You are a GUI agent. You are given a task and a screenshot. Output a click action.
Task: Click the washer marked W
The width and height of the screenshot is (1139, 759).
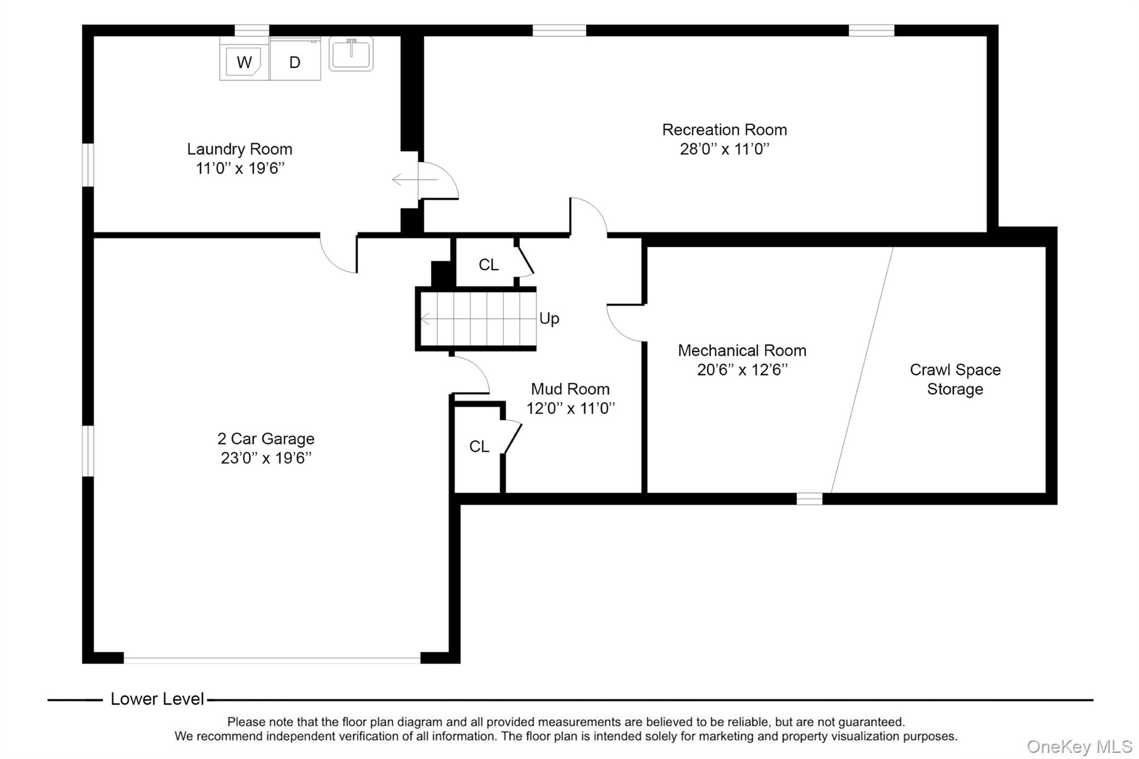point(244,59)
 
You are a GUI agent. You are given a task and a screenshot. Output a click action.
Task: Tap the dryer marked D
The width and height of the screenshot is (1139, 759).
point(295,59)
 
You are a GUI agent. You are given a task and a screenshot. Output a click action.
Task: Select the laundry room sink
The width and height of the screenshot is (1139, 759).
point(351,53)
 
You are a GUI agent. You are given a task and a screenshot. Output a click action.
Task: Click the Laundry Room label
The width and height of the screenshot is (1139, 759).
point(240,149)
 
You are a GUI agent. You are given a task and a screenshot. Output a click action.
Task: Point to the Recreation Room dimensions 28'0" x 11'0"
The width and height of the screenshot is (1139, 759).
point(725,149)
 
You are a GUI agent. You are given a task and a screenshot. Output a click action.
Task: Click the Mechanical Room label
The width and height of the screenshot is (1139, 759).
point(742,350)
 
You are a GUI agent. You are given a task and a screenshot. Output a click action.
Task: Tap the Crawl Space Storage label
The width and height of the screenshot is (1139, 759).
point(955,379)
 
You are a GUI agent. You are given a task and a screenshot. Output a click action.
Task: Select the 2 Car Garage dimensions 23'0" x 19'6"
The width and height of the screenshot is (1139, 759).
point(266,458)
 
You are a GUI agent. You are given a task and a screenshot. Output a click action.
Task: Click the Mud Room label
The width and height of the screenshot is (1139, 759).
point(570,389)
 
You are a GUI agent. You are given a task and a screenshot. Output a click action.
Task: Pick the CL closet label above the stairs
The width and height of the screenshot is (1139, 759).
point(489,265)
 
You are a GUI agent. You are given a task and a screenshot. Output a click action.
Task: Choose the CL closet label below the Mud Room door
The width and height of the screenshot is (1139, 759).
point(479,447)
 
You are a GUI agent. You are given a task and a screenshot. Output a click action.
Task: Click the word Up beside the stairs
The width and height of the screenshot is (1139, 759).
point(549,318)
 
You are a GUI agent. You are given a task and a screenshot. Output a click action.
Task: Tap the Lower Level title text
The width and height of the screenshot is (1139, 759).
point(157,699)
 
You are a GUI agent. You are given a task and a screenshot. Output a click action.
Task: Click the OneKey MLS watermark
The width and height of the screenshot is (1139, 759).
point(1079,746)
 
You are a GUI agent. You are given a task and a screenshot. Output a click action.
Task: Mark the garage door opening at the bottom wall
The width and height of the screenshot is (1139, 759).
point(272,660)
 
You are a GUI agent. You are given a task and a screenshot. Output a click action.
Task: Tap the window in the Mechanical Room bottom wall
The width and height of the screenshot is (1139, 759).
point(809,499)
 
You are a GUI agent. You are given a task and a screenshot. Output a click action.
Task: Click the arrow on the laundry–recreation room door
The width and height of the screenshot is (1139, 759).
point(415,180)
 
